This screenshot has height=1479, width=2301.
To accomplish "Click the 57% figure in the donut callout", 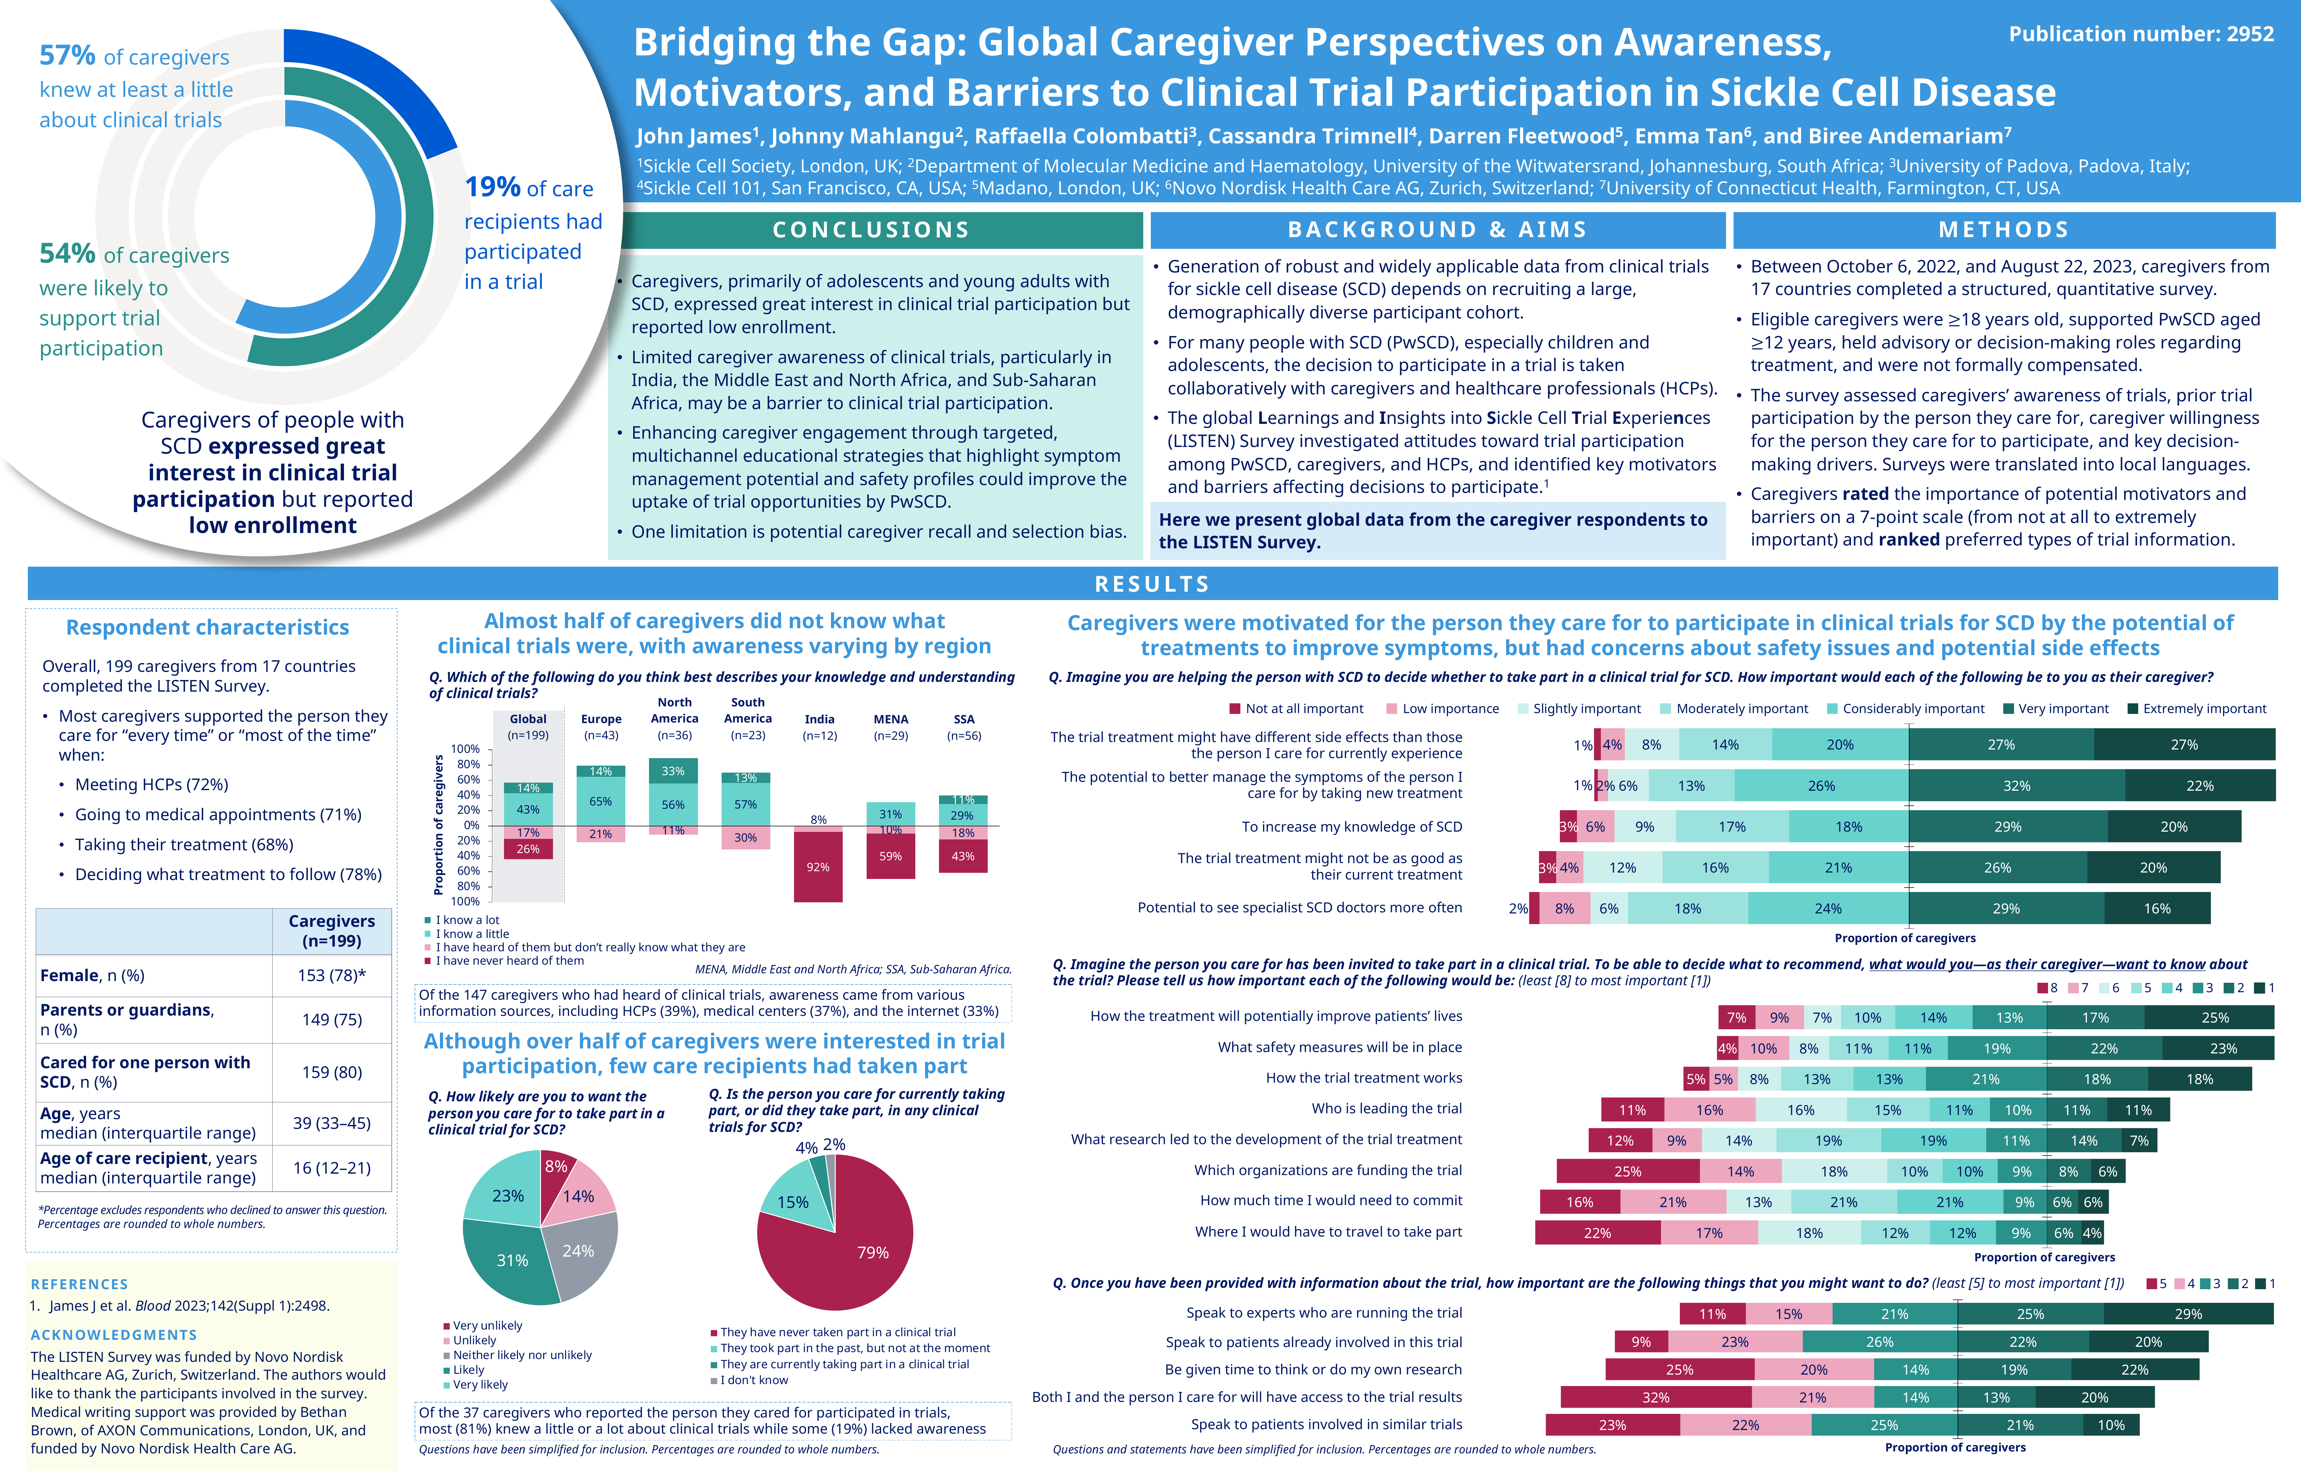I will click(x=67, y=56).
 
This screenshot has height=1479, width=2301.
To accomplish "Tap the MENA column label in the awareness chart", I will click(x=890, y=719).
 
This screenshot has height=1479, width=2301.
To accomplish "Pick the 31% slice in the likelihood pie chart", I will click(x=512, y=1260).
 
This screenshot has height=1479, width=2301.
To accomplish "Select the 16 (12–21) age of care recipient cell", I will click(x=331, y=1168).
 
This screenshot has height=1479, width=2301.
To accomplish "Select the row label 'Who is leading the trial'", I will click(x=1386, y=1109).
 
